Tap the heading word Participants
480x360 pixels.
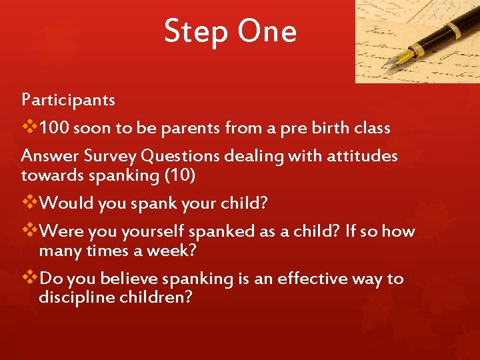click(68, 100)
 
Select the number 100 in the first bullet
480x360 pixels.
click(55, 127)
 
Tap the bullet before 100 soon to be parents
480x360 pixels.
click(30, 127)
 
